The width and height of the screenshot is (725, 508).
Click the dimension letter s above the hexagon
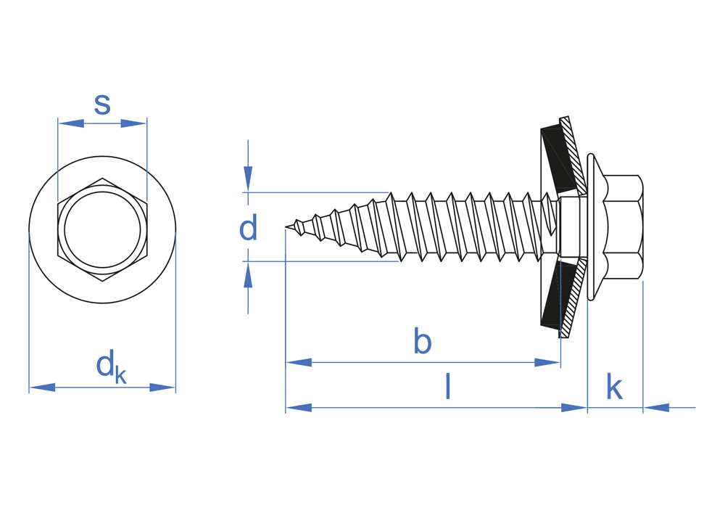(102, 105)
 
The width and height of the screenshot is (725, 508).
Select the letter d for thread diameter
(248, 229)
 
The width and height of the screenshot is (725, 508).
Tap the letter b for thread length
(422, 341)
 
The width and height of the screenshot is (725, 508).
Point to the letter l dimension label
(448, 386)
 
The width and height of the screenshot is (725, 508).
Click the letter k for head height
(614, 388)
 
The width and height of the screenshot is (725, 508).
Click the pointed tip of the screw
(288, 228)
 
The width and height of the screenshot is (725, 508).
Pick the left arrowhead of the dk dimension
(42, 388)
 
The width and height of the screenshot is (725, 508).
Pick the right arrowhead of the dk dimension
(162, 388)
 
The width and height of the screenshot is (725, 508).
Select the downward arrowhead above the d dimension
(248, 179)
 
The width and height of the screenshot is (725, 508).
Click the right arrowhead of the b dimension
(547, 362)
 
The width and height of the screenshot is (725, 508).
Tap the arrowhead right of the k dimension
(656, 408)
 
